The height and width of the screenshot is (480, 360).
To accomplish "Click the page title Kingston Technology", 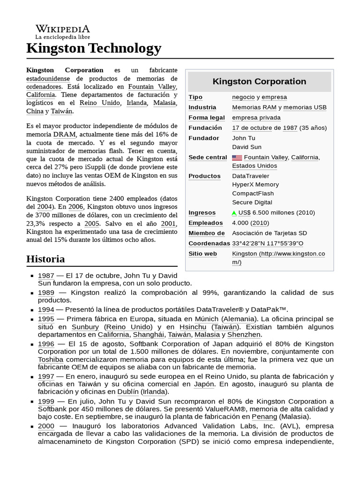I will click(x=94, y=48).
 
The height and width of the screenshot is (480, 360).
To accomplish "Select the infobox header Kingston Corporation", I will click(x=259, y=82).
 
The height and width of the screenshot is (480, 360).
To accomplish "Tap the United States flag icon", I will click(x=237, y=157).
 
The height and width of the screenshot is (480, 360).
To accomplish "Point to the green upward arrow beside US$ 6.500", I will click(x=234, y=213).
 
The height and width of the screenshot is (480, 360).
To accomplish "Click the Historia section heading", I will click(x=45, y=259).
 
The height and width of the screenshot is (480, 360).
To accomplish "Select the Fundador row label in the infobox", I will click(x=203, y=138).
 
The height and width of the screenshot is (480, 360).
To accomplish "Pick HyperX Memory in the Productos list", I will click(x=255, y=185).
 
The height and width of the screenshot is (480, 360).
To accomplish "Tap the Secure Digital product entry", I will click(x=252, y=202).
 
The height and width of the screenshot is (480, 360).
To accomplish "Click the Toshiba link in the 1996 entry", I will click(x=51, y=360).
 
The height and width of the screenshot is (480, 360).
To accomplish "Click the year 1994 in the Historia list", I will click(x=46, y=309).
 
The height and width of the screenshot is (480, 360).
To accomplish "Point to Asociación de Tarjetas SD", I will click(x=270, y=233).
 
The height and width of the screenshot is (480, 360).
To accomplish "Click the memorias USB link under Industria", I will click(x=305, y=107).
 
